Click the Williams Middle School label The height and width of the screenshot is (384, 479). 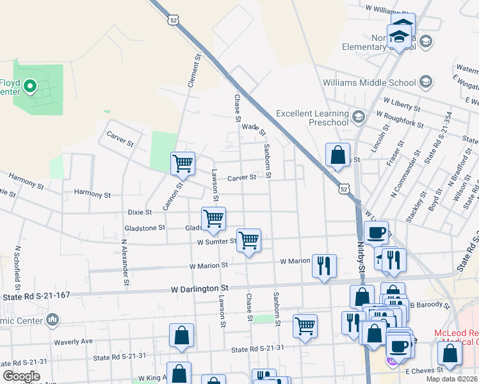[x=369, y=83]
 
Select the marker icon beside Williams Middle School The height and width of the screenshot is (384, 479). [x=426, y=82]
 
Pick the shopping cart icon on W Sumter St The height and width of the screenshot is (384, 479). [x=248, y=240]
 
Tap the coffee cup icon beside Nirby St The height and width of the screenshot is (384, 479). [x=376, y=232]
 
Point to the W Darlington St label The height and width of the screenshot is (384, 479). [x=200, y=289]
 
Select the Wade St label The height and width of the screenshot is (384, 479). [x=254, y=128]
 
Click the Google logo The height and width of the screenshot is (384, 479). [x=21, y=376]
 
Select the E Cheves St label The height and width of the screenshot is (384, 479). [x=424, y=371]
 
